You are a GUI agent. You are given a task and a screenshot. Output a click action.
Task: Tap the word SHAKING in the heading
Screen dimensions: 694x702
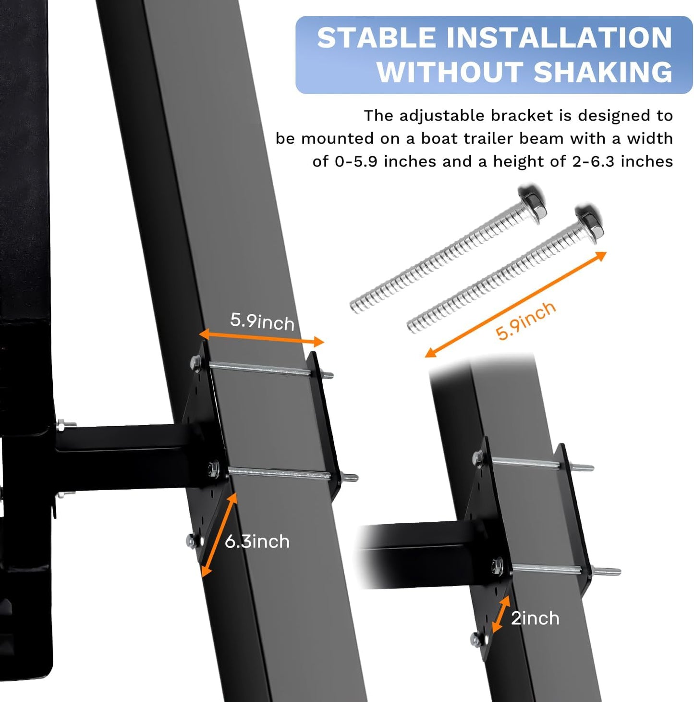coord(603,72)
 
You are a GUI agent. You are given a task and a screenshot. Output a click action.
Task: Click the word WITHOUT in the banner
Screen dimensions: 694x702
coord(450,72)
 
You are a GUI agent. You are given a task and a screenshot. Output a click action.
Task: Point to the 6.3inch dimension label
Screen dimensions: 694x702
coord(257,542)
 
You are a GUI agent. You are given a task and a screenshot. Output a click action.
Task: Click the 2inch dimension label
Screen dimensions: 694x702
coord(535,618)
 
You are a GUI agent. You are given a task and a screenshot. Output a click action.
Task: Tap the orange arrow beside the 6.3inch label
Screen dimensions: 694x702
coord(219,535)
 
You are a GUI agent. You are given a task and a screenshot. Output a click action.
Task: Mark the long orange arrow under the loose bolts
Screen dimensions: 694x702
coord(516,305)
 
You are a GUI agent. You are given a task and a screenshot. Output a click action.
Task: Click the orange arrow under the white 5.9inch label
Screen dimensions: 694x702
coord(261,337)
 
